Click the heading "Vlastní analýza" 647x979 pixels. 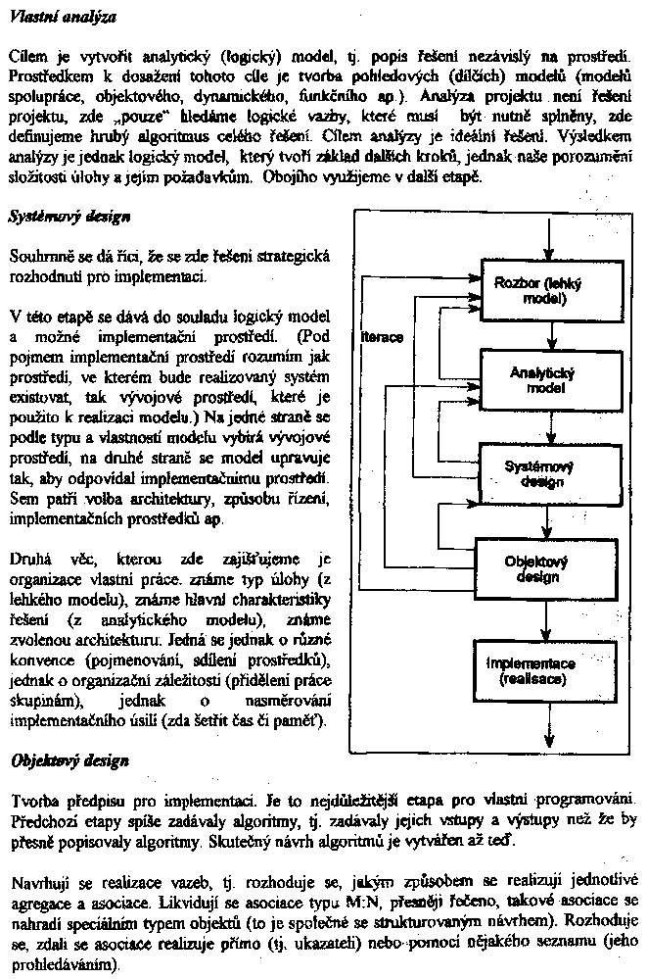pyautogui.click(x=61, y=17)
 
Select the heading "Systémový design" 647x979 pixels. pyautogui.click(x=69, y=215)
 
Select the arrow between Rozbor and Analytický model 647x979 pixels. pyautogui.click(x=551, y=336)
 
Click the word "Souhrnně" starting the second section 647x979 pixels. pyautogui.click(x=38, y=257)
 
